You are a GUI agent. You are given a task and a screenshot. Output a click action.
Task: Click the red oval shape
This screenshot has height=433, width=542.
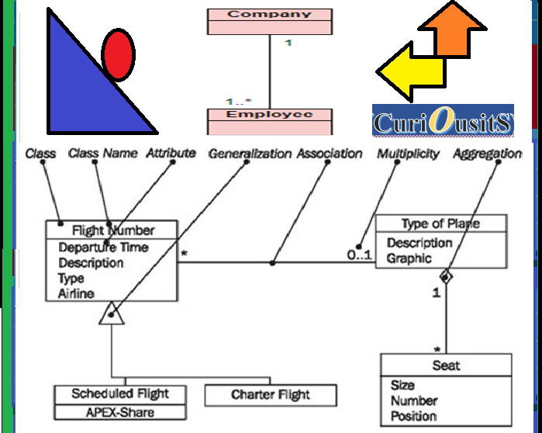118,55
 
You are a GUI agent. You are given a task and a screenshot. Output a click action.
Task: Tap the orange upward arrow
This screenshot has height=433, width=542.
453,29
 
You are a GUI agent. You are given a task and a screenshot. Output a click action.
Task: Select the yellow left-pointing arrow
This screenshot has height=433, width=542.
411,72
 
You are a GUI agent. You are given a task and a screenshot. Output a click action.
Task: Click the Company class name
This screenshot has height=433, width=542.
269,14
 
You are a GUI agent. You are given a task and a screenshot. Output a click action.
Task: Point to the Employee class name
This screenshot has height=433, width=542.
269,115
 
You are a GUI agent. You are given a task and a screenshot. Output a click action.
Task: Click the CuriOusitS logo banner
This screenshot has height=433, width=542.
443,120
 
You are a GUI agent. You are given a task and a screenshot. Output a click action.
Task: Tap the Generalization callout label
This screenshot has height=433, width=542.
250,154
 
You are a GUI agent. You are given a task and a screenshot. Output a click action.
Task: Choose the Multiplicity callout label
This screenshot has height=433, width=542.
408,154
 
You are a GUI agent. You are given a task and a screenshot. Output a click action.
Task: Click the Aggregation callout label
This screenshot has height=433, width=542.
488,154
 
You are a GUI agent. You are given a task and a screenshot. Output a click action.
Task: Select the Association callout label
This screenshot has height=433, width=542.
330,154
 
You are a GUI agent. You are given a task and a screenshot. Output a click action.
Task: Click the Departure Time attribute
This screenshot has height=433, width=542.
103,248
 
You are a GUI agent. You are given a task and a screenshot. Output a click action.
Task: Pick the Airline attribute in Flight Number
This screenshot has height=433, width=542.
76,293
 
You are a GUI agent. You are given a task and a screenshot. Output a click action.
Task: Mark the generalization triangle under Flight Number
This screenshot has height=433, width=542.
112,313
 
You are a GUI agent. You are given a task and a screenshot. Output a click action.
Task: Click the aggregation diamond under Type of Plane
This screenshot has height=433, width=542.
446,277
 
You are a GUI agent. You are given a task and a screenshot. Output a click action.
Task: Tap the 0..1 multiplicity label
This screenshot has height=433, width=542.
360,255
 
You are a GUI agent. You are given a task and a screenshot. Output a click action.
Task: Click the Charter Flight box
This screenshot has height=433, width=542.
271,395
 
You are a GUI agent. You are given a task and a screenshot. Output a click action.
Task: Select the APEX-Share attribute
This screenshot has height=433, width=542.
120,412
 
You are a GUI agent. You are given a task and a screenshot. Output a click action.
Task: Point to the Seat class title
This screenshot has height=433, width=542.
446,365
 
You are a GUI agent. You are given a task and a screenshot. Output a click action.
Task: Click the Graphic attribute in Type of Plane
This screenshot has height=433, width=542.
409,258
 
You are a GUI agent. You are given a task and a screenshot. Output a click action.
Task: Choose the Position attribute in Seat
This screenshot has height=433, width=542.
413,416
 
